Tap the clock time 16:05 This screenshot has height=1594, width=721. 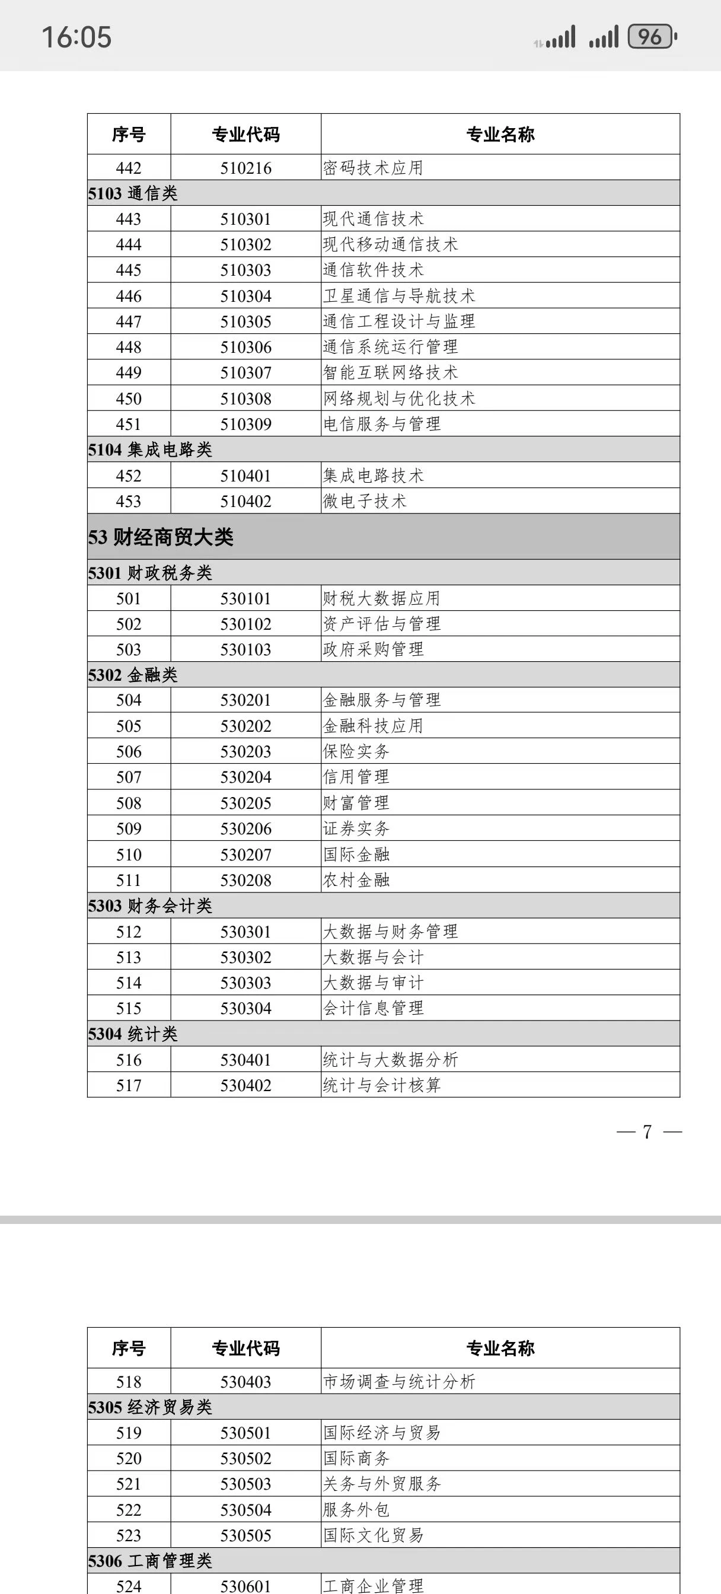(76, 37)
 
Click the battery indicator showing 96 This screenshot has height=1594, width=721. (651, 37)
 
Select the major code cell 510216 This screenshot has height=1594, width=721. (245, 168)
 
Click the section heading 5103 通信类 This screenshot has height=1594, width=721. (132, 194)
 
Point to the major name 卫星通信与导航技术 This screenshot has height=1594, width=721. (398, 296)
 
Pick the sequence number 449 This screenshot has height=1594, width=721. (129, 372)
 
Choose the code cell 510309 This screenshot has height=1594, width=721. (245, 424)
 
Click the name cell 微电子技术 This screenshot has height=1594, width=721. (365, 501)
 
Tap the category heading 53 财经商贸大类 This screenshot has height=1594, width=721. (160, 537)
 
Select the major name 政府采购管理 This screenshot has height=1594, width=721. (373, 649)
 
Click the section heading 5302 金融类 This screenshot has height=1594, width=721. (132, 674)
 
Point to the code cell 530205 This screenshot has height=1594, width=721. (245, 802)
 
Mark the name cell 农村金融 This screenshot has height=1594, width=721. (356, 880)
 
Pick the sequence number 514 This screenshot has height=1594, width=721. (129, 983)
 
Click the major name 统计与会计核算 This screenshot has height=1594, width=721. (382, 1085)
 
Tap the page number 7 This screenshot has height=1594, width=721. (647, 1132)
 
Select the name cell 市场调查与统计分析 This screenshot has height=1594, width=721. (398, 1382)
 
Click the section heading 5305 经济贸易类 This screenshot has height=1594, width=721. (150, 1407)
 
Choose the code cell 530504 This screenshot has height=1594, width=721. (245, 1510)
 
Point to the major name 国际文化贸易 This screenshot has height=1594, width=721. (373, 1535)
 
